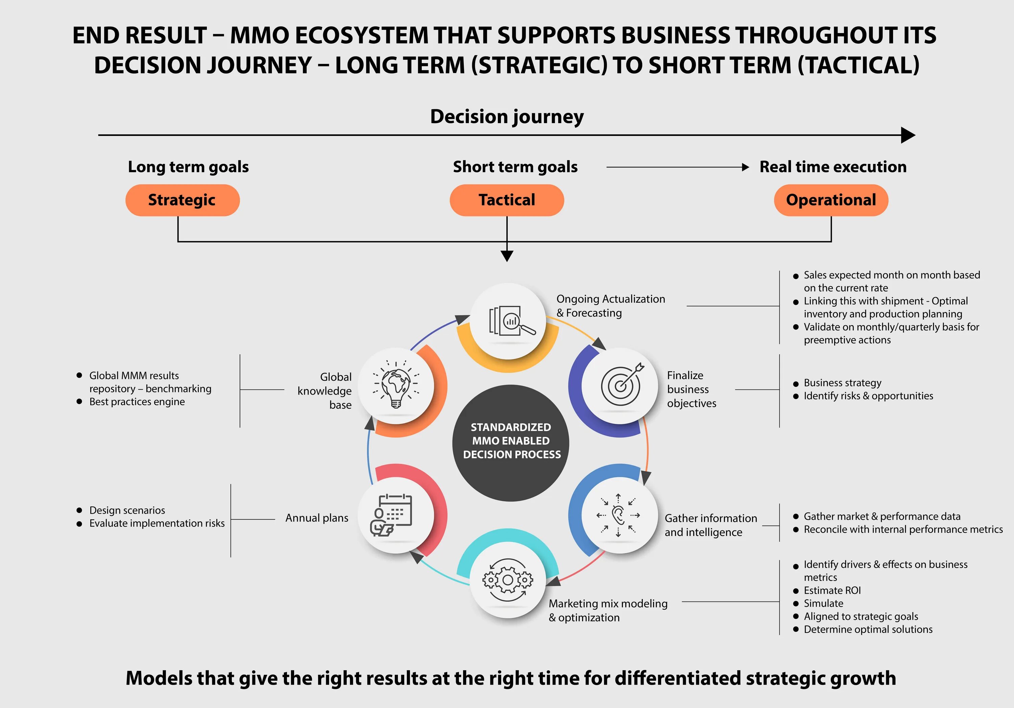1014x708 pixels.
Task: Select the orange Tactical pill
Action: (507, 200)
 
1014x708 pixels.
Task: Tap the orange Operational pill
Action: (831, 200)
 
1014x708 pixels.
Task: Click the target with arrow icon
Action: (621, 385)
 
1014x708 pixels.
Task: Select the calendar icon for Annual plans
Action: (391, 515)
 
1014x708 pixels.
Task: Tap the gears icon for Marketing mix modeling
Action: (508, 579)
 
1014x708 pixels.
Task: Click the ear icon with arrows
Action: (618, 515)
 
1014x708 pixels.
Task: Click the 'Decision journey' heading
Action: (507, 117)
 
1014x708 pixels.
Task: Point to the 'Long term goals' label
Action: (188, 167)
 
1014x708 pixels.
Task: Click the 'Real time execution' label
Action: (832, 167)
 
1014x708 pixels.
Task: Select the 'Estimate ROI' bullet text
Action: (832, 591)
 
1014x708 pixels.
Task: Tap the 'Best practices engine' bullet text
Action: (137, 402)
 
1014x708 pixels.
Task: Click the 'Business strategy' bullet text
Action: (842, 383)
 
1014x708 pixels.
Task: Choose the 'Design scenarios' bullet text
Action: (127, 511)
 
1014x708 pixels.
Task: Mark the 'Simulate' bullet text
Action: (823, 603)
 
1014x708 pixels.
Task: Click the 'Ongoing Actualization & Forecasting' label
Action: (610, 306)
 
